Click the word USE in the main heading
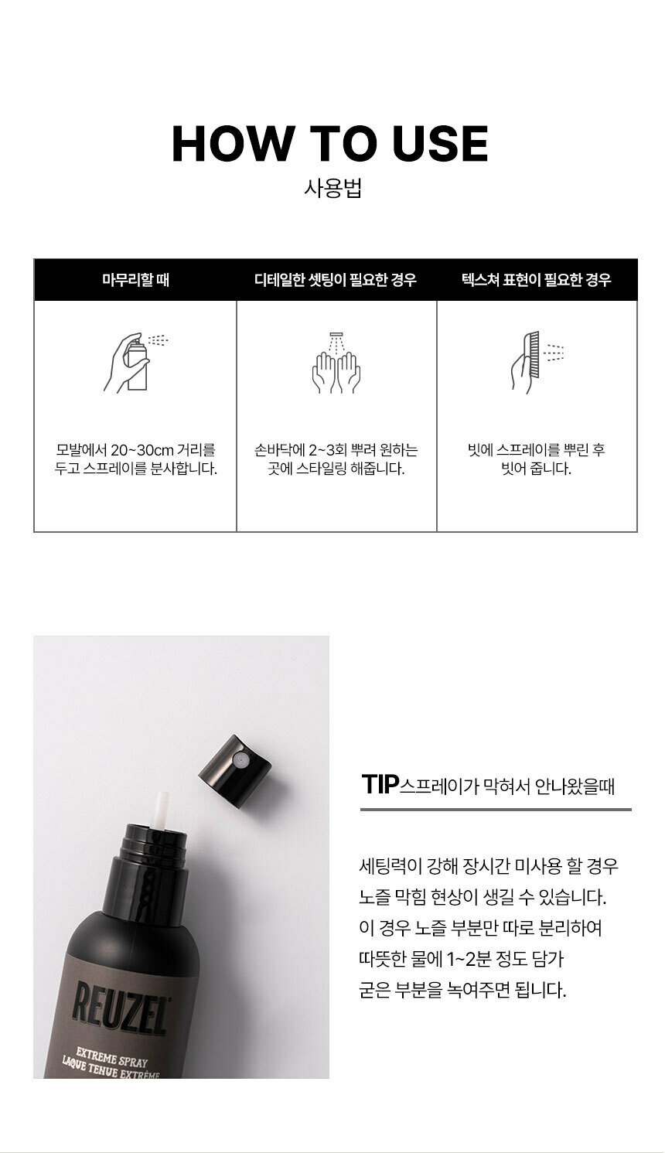pos(440,144)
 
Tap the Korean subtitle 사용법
pos(332,189)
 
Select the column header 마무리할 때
pos(135,280)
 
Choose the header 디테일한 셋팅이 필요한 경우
pos(336,280)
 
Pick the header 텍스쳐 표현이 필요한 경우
pos(537,280)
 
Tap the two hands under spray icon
pos(336,363)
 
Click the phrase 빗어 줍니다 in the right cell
pos(537,469)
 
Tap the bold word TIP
pos(380,784)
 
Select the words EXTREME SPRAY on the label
pos(111,1056)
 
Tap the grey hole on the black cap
pos(240,758)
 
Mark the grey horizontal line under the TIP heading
pos(496,810)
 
